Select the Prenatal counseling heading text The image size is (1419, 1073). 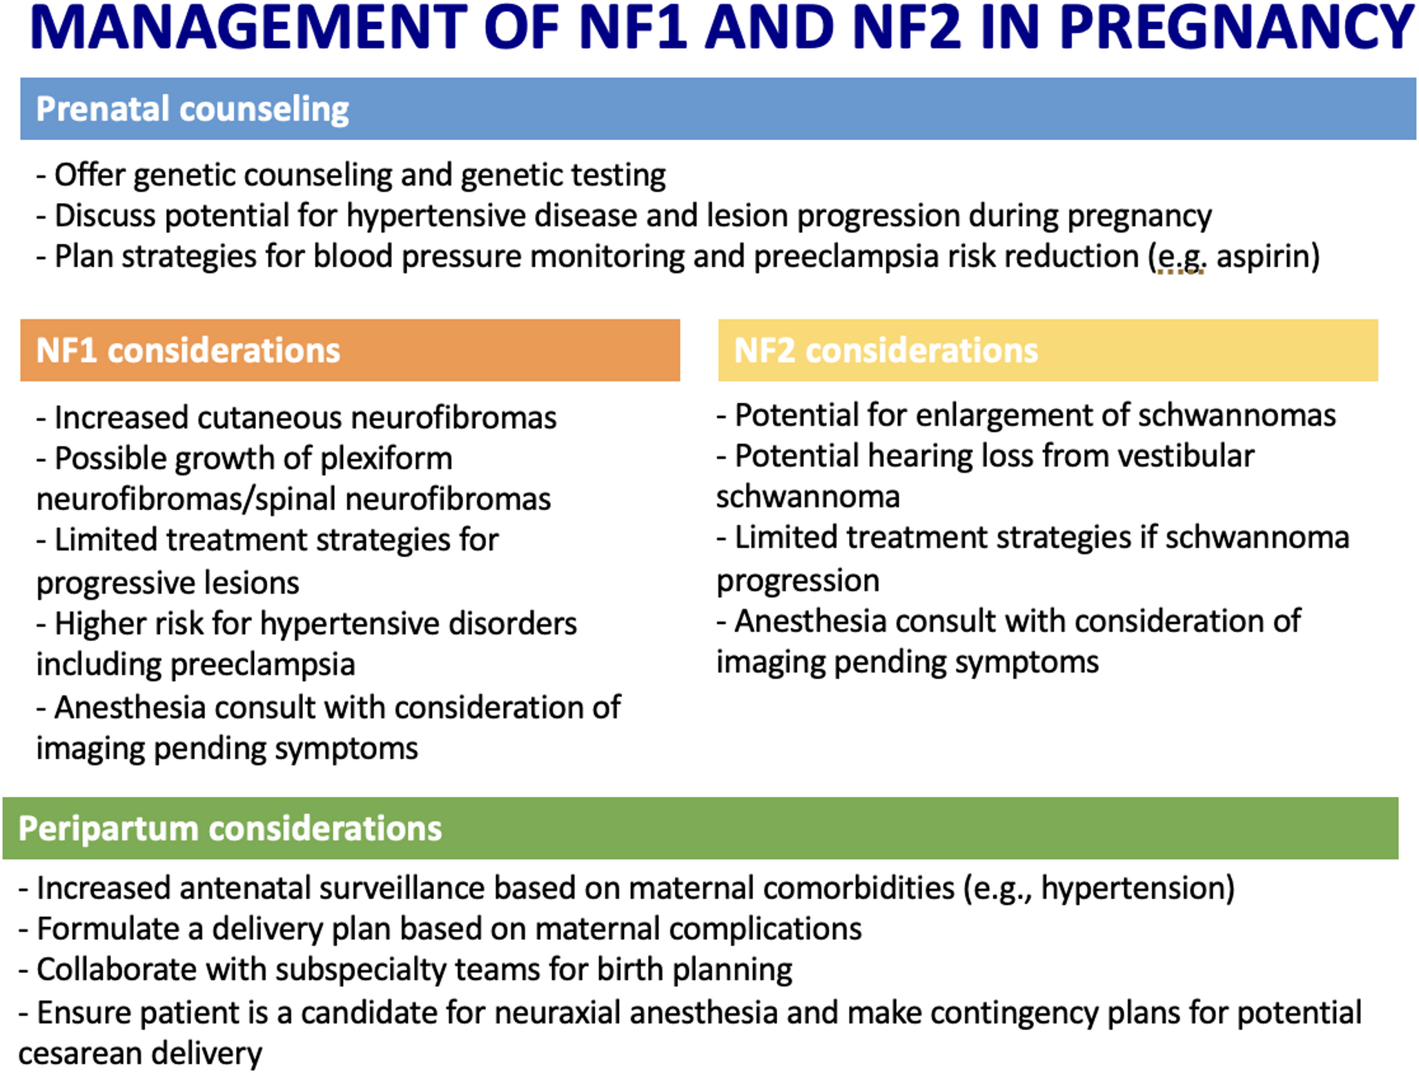[193, 109]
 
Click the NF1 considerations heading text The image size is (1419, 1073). [188, 351]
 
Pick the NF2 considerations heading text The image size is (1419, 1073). [886, 351]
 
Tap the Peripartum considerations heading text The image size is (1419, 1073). [230, 828]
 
